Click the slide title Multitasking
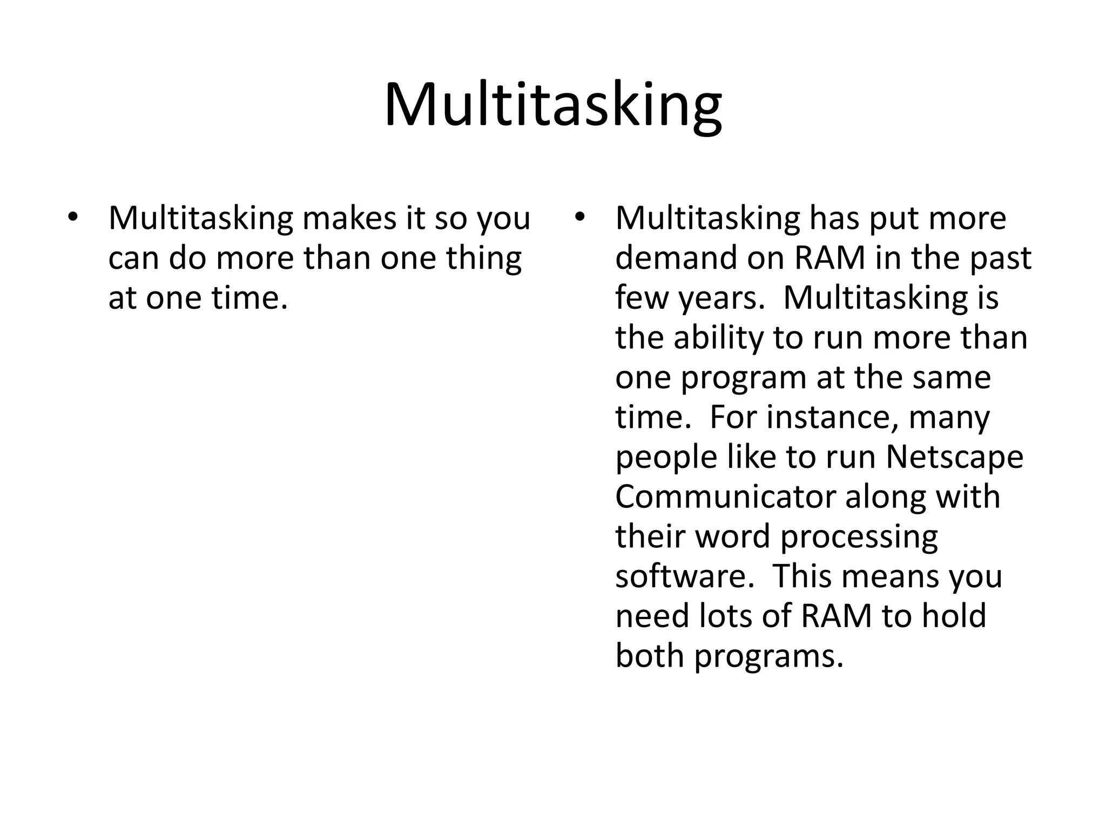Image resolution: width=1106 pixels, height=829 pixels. pos(552,105)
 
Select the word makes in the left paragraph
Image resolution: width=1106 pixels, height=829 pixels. pos(347,219)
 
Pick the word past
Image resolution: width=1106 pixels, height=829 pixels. pos(1000,259)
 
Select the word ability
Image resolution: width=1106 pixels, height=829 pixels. pos(718,338)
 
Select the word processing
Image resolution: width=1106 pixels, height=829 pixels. pos(859,538)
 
